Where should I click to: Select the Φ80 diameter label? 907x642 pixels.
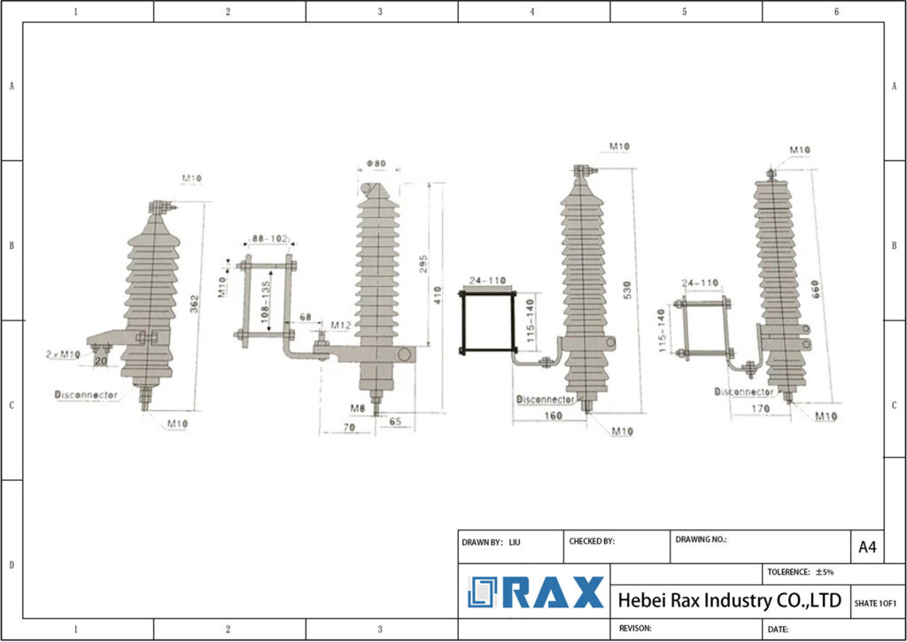point(376,164)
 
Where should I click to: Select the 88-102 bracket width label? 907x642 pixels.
point(269,238)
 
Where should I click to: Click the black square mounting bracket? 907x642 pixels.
point(486,321)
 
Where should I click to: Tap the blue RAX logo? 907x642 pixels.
point(536,592)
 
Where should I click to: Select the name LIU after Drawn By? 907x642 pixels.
point(515,542)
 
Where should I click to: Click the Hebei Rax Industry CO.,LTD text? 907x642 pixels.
point(729,600)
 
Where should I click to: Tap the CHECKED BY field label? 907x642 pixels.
point(591,542)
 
